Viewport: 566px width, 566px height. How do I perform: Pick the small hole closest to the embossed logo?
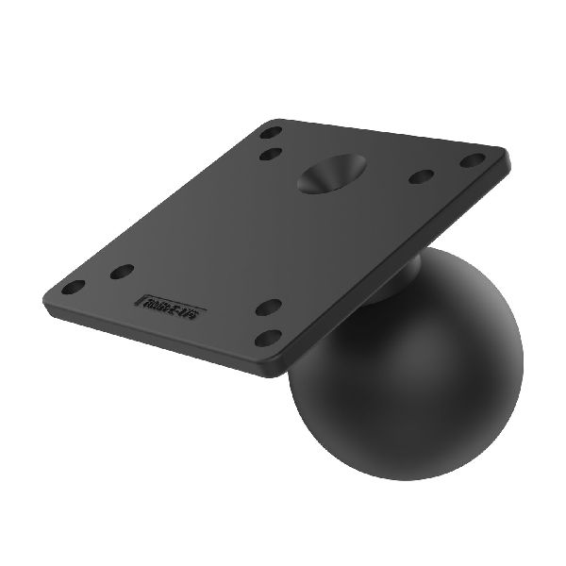[x=122, y=272]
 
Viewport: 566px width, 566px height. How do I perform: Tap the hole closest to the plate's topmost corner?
[x=271, y=132]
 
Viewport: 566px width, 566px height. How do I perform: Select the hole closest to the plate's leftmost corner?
[x=73, y=286]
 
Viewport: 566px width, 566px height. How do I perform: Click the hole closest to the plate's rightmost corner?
[x=472, y=160]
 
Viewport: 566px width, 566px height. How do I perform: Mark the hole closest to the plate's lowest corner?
[x=269, y=337]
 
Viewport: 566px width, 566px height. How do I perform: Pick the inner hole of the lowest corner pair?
[x=269, y=308]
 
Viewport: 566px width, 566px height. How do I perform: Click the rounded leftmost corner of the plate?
[x=47, y=303]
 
